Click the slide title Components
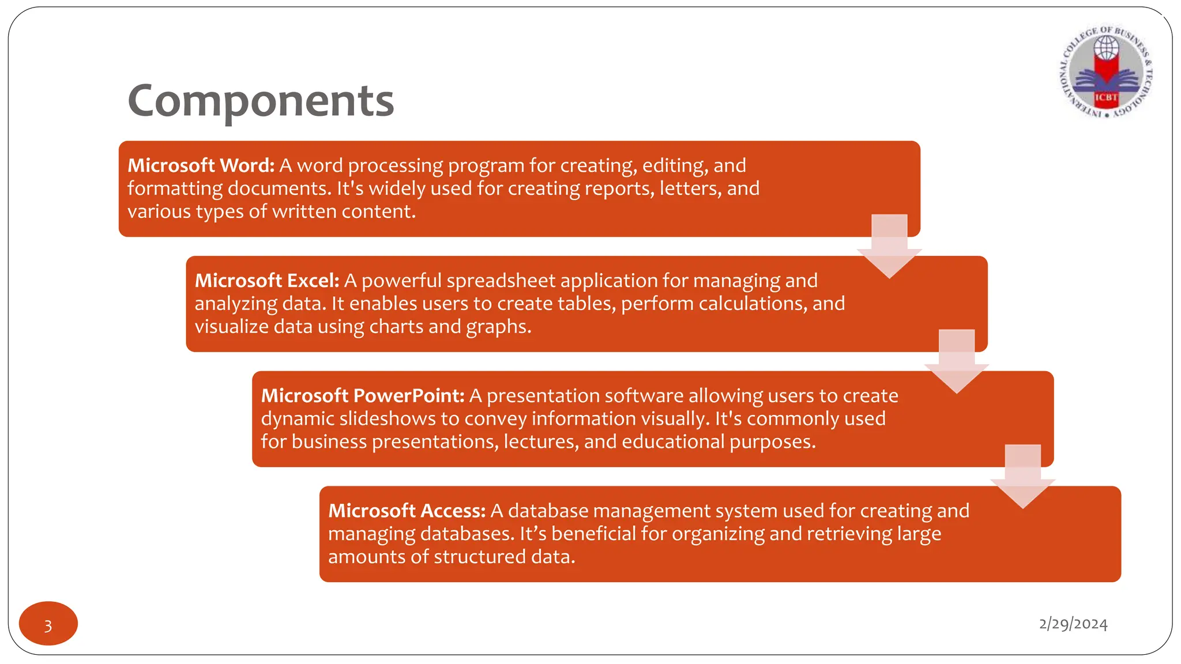click(x=261, y=101)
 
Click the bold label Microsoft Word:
click(x=201, y=165)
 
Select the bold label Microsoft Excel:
click(x=267, y=281)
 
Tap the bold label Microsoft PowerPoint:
click(x=362, y=396)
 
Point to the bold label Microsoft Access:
click(x=407, y=511)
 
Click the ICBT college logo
click(x=1106, y=73)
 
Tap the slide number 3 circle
click(x=48, y=624)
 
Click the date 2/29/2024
click(x=1073, y=624)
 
